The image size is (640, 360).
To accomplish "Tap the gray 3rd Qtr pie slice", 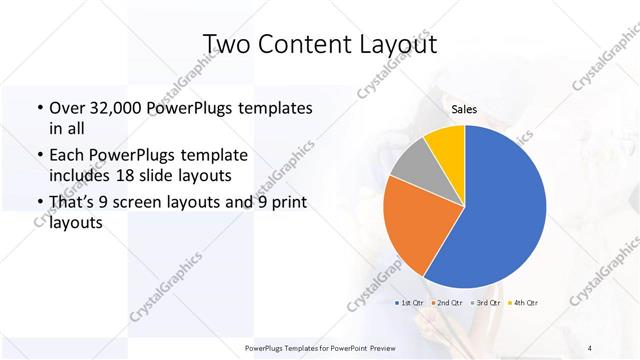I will pos(410,165).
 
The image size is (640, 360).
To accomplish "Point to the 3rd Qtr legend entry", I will pos(487,302).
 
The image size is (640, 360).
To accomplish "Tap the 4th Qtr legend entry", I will pos(524,302).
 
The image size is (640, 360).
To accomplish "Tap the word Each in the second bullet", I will pos(68,155).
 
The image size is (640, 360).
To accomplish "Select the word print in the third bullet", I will pos(285,203).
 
